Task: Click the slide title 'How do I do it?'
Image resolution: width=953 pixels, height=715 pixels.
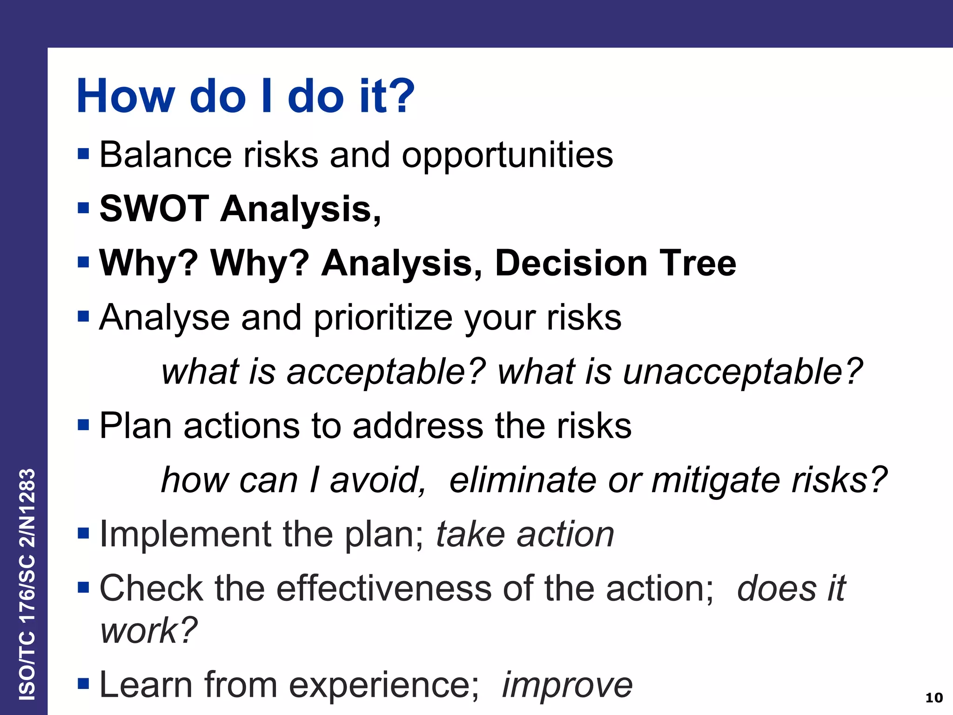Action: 245,96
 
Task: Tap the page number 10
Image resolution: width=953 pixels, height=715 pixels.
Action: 933,698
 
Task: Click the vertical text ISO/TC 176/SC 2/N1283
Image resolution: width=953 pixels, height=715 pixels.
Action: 27,584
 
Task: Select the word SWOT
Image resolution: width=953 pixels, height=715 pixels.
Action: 154,209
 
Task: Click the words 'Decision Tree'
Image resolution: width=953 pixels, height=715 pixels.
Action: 615,263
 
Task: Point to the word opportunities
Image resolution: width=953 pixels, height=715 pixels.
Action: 507,155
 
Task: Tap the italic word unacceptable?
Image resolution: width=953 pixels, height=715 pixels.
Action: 742,372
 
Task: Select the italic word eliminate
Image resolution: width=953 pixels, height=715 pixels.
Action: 523,480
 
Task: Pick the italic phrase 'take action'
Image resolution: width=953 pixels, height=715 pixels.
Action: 525,534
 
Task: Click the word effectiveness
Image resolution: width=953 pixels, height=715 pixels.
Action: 384,588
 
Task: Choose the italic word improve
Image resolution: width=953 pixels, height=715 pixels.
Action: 567,685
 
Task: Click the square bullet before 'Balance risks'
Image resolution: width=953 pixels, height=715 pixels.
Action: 83,154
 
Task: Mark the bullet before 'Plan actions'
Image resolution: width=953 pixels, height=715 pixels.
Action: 83,425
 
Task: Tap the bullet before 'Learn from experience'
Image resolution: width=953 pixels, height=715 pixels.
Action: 83,684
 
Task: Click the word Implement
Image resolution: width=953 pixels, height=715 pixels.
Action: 185,534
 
